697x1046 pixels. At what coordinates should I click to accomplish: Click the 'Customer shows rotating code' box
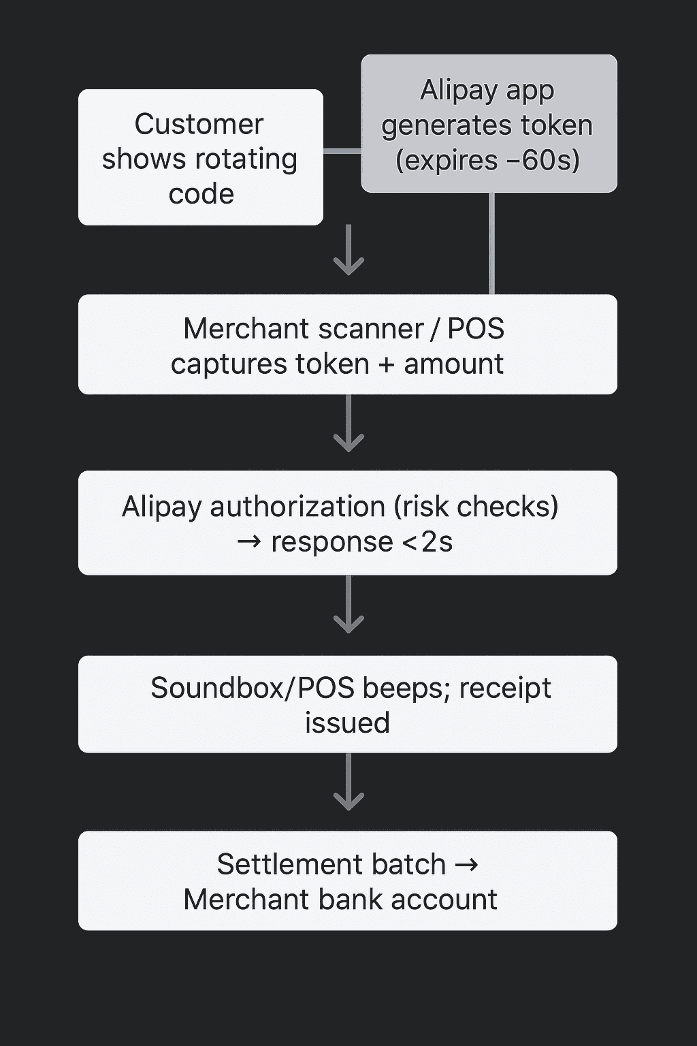(200, 157)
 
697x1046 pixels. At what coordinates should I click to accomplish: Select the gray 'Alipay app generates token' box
(489, 124)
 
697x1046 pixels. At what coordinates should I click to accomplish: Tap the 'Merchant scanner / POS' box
(347, 345)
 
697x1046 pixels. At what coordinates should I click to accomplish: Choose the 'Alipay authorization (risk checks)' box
(347, 523)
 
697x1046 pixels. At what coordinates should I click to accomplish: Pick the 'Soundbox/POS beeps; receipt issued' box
(347, 704)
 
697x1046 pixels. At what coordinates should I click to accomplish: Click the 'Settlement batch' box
(347, 881)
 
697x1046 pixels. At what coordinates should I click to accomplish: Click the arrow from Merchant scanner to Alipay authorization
(348, 425)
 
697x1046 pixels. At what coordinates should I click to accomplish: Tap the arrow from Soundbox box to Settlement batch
(348, 783)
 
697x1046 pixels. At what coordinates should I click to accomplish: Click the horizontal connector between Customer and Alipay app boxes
(342, 151)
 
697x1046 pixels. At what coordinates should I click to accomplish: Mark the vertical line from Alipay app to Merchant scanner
(492, 243)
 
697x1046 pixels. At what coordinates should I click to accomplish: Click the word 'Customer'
(199, 124)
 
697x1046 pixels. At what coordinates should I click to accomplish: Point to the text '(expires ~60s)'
(487, 161)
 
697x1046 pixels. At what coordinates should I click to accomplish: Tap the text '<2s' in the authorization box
(427, 542)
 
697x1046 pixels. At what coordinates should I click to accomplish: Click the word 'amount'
(453, 364)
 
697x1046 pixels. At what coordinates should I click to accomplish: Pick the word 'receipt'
(505, 688)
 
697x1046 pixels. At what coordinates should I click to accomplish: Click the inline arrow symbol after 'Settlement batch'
(466, 865)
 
